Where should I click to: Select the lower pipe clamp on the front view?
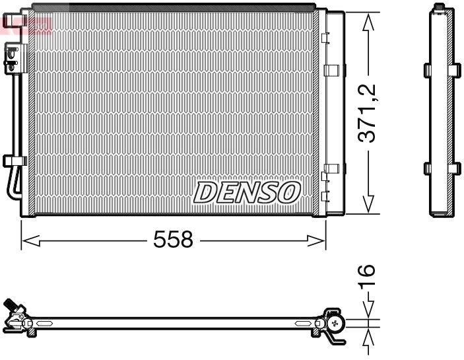point(13,161)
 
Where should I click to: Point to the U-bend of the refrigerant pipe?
point(10,191)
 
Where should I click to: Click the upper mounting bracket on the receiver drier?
point(333,69)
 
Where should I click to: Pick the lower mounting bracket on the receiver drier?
point(333,168)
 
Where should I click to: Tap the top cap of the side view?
point(440,9)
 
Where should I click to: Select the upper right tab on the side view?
point(455,69)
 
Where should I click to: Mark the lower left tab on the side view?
point(427,168)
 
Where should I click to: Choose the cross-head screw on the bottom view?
point(337,323)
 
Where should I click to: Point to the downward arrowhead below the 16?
point(368,310)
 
